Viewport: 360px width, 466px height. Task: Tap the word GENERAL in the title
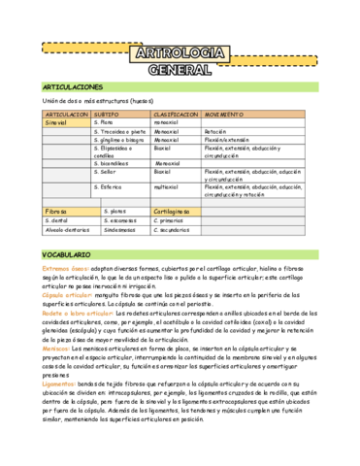point(180,69)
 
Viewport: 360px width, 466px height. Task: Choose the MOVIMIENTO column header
point(232,115)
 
